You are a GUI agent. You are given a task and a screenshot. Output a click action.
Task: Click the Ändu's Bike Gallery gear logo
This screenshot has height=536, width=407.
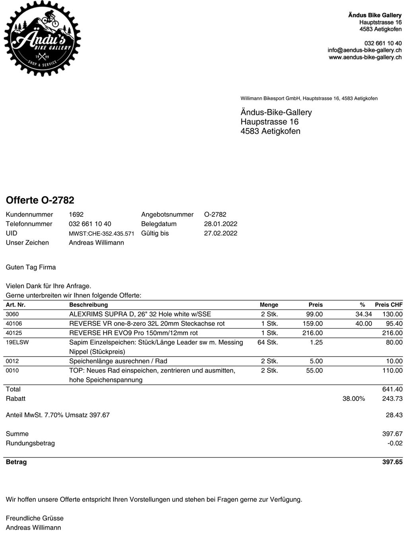[x=43, y=39]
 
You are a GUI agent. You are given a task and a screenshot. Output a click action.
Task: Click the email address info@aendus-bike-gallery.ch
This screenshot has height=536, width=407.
[x=364, y=50]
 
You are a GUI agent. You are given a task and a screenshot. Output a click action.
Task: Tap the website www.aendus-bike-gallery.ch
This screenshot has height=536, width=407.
[x=365, y=58]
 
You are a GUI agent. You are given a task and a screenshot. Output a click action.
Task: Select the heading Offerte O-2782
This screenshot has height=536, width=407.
[x=40, y=200]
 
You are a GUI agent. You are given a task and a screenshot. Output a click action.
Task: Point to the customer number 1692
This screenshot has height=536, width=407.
[x=76, y=214]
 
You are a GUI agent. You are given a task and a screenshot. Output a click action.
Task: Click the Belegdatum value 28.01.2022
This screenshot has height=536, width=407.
[x=221, y=224]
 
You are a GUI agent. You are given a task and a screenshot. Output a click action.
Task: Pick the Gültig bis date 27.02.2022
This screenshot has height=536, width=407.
[x=221, y=233]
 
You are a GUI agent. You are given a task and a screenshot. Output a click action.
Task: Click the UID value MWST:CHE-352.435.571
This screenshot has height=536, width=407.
[x=101, y=233]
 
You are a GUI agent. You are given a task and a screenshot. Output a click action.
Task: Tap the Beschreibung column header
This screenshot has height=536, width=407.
[x=88, y=305]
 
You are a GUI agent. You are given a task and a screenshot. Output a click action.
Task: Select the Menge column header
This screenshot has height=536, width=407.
[x=269, y=305]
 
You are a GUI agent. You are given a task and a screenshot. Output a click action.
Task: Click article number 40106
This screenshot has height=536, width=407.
[x=14, y=324]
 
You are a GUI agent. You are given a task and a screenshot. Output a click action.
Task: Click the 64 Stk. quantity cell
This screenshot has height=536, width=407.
[x=267, y=342]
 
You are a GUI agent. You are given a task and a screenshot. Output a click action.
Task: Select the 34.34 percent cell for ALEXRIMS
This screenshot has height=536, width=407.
[x=364, y=314]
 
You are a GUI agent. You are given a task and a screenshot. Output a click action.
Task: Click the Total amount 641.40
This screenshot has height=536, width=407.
[x=392, y=389]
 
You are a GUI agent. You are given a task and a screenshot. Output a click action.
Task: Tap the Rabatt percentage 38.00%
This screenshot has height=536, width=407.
[x=353, y=399]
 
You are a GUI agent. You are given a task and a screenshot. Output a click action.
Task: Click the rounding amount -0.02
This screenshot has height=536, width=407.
[x=395, y=443]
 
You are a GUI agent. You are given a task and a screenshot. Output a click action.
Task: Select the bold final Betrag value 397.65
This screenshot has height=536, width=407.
[x=392, y=462]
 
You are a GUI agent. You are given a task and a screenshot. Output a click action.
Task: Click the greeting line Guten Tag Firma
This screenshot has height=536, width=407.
[x=31, y=267]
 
